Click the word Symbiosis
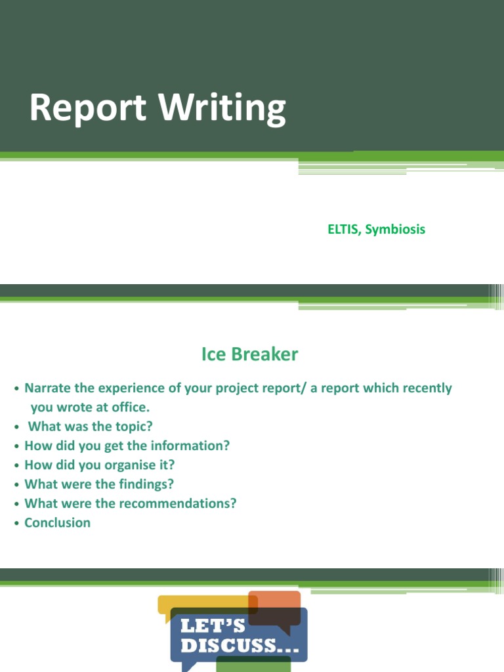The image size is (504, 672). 395,230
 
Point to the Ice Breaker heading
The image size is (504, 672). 249,355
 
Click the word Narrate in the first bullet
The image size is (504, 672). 48,388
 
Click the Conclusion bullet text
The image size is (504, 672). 58,523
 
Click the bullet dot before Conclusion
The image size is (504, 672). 16,524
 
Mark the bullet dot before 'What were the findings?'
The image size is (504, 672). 16,485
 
